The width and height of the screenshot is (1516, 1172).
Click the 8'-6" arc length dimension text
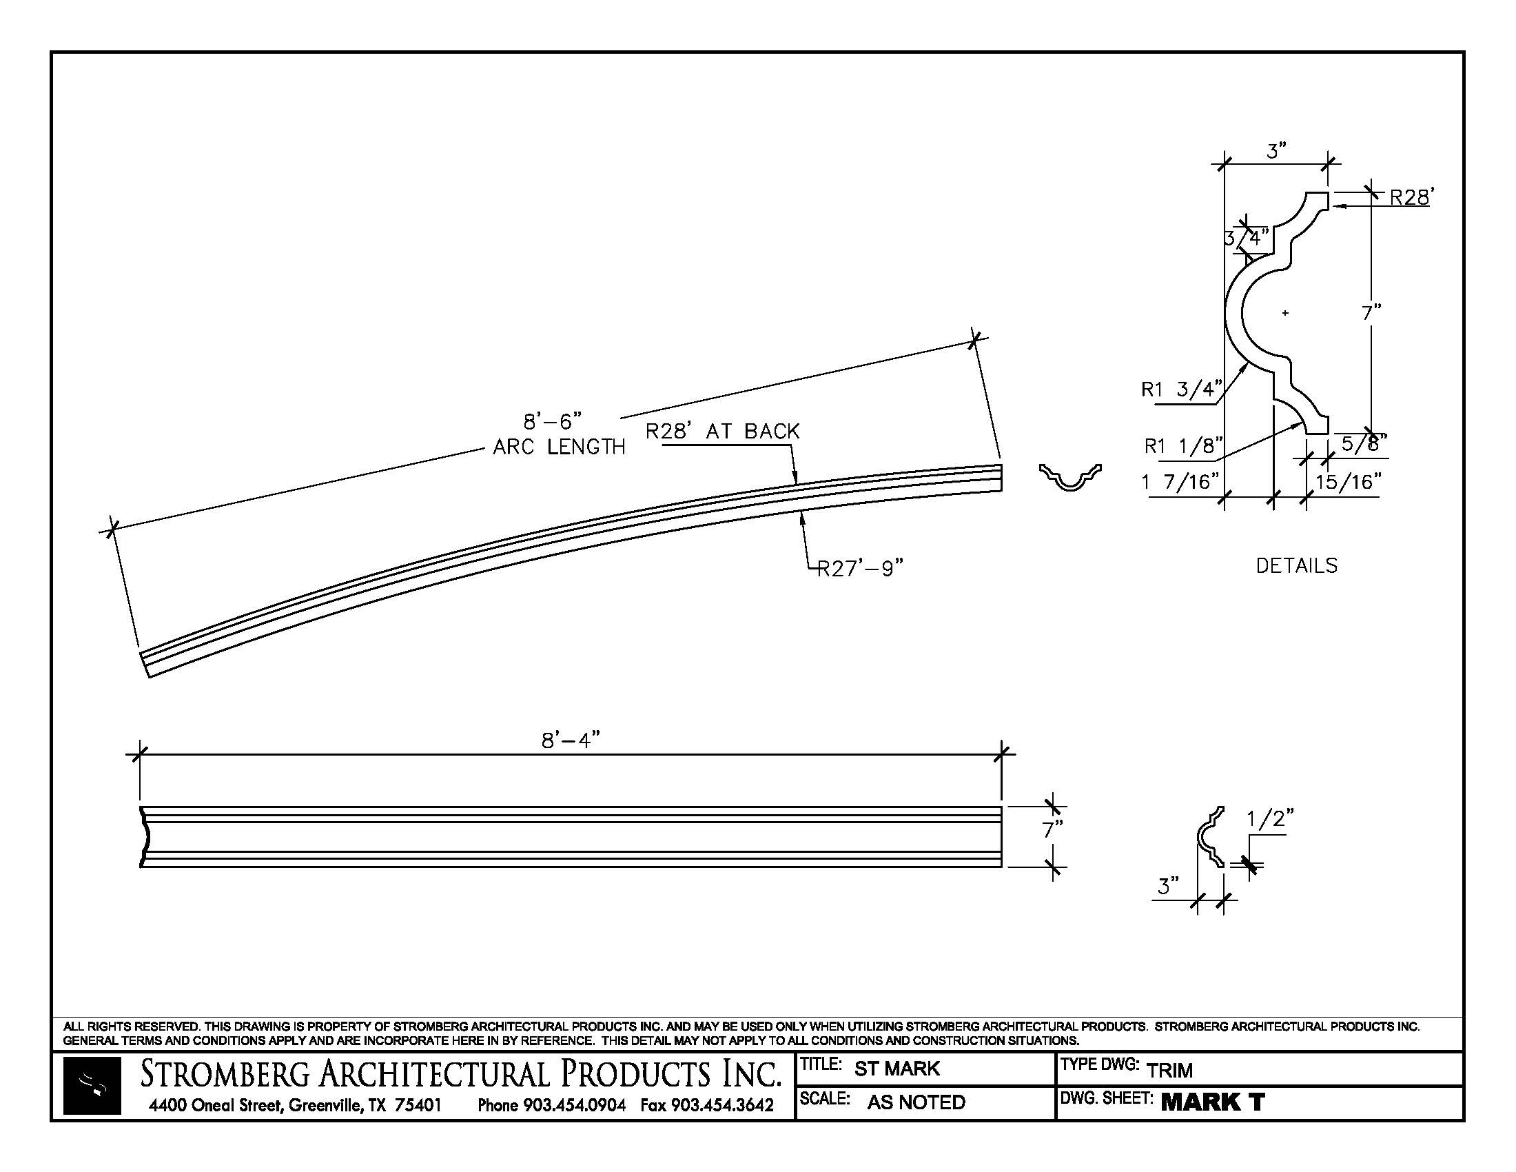click(553, 421)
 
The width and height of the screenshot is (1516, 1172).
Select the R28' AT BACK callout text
click(722, 432)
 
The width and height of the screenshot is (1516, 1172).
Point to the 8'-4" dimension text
click(570, 741)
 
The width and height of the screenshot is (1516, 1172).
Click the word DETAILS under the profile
click(1296, 566)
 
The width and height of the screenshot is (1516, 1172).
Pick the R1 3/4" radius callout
click(1180, 390)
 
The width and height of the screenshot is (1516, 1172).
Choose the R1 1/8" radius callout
click(1183, 446)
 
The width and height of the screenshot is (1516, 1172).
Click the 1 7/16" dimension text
click(1180, 481)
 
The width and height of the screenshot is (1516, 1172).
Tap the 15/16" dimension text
click(1347, 482)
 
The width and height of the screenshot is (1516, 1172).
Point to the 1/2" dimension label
click(1269, 819)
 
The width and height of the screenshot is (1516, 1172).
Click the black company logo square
click(92, 1086)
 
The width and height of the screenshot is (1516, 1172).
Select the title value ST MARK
click(896, 1069)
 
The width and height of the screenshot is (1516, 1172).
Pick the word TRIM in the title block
click(1169, 1070)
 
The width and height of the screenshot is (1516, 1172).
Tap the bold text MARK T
click(1212, 1102)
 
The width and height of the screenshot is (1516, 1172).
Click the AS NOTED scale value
click(916, 1102)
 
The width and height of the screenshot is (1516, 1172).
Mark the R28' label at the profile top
click(1409, 198)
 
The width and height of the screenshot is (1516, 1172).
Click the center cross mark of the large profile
click(1285, 313)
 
